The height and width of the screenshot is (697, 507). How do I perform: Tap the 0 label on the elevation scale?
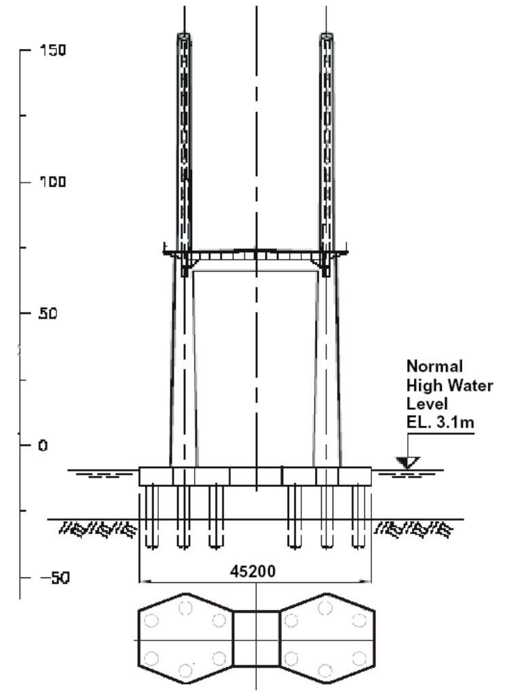[42, 446]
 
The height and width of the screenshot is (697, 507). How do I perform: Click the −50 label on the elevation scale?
[52, 577]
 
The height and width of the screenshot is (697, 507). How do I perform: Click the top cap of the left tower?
[184, 36]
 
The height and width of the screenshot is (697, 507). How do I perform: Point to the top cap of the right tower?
[327, 36]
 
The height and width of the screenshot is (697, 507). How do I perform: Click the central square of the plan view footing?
[256, 639]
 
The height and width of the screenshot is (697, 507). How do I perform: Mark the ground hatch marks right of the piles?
[413, 528]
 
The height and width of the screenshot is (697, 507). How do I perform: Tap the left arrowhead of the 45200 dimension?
[143, 581]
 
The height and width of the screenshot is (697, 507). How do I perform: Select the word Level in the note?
[424, 404]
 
